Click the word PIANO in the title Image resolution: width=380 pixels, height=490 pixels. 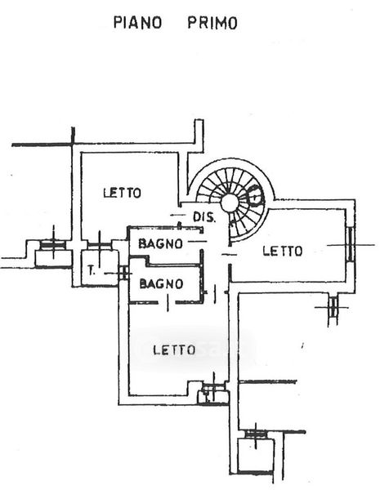[x=137, y=23]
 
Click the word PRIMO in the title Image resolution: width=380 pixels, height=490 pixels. [x=212, y=23]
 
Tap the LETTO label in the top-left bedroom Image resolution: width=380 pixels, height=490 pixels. [x=123, y=193]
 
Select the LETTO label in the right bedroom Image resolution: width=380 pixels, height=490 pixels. [x=283, y=251]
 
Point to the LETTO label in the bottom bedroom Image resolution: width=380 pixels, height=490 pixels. [x=174, y=350]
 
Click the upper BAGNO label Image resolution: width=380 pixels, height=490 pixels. [x=160, y=243]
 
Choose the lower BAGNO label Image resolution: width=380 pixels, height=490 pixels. [x=161, y=283]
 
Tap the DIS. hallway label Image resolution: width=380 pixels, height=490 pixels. [x=204, y=217]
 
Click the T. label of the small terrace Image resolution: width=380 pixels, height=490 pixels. [x=92, y=270]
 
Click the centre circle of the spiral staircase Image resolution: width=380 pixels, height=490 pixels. [x=230, y=203]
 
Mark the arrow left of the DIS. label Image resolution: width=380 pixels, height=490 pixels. [x=177, y=215]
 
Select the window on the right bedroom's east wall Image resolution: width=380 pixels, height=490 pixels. [x=351, y=244]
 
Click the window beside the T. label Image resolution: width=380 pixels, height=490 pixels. [x=124, y=273]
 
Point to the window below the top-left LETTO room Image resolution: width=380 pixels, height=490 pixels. [x=99, y=245]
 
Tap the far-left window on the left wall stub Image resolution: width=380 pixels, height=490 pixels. [x=53, y=244]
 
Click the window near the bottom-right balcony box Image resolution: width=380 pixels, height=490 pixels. [x=256, y=434]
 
